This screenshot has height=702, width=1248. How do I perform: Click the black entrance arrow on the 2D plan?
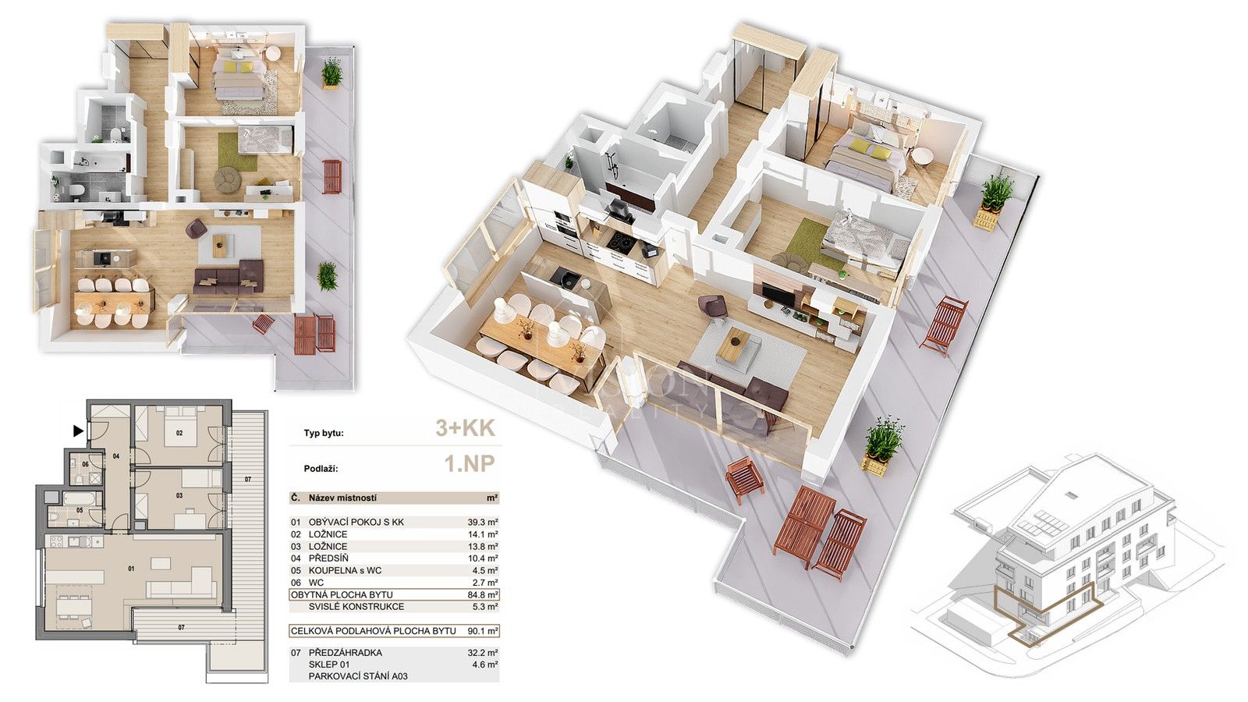(x=78, y=430)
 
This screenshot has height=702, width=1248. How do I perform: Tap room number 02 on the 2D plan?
(x=179, y=432)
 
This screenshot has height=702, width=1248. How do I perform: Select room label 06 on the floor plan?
(x=85, y=464)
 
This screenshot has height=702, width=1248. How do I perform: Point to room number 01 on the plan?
(x=131, y=569)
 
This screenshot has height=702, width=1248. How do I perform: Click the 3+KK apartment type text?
(x=465, y=428)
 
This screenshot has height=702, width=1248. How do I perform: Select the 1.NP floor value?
(x=470, y=465)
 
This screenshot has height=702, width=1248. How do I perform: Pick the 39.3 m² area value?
(x=483, y=523)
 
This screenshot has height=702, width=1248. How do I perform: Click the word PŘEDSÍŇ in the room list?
(x=328, y=558)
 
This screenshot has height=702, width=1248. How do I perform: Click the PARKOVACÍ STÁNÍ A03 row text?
(x=358, y=676)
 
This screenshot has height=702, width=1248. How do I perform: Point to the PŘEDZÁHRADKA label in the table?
(x=346, y=653)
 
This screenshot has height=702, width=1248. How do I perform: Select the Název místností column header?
(x=342, y=498)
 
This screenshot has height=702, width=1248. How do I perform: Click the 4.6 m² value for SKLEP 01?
(x=485, y=665)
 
